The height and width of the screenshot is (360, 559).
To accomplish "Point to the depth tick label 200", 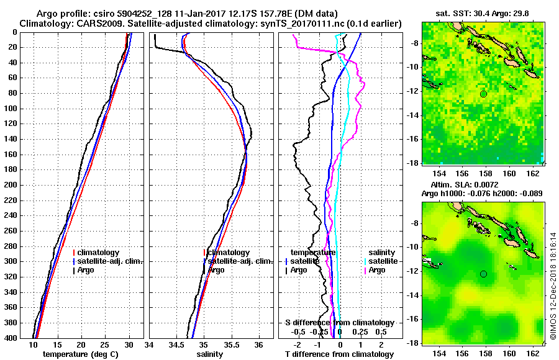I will point(12,185).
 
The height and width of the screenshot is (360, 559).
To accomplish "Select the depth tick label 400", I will point(12,338).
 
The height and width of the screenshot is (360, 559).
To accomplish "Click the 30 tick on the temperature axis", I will point(129,344).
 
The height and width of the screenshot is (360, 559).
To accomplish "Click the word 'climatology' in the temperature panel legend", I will point(99,253).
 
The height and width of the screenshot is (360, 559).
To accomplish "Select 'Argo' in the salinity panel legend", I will point(217,270).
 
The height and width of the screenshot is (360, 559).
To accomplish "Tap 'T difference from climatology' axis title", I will point(339,354).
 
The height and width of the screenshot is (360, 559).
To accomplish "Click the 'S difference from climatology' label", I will point(339,323).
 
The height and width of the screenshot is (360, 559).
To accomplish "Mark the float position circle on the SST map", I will point(484,94).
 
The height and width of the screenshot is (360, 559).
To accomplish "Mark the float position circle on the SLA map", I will point(484,274).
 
